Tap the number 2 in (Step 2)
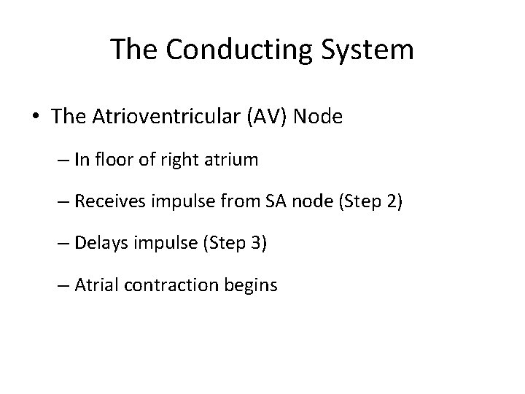[x=393, y=201]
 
